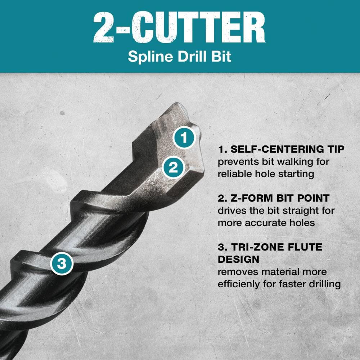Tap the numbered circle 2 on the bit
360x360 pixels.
click(x=174, y=167)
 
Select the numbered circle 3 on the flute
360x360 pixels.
click(x=62, y=264)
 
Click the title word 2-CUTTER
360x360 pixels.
click(x=179, y=27)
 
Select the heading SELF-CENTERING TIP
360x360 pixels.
click(x=281, y=149)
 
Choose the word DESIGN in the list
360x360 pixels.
click(x=238, y=259)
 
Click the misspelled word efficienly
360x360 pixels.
click(x=240, y=284)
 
